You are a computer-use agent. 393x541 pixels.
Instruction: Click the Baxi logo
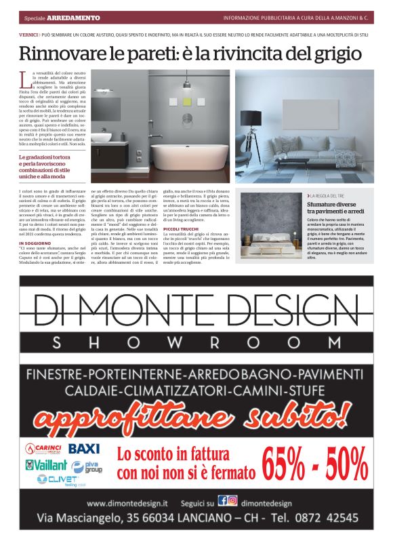point(83,449)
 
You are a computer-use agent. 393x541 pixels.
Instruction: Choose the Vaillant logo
point(47,466)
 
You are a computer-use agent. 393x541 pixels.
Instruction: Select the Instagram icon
point(232,501)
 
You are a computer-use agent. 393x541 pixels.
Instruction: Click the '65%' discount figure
point(288,466)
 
